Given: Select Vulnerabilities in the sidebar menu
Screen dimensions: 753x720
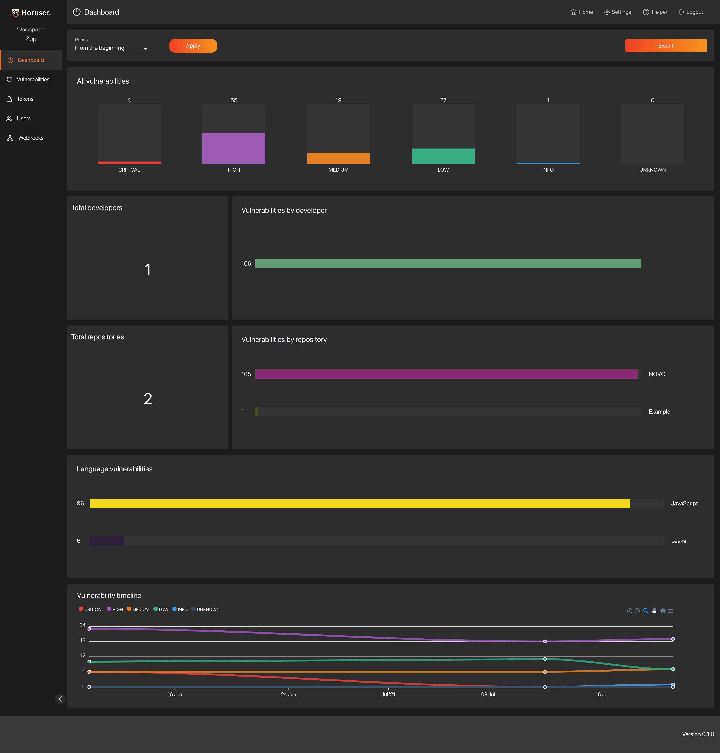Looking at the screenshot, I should (33, 79).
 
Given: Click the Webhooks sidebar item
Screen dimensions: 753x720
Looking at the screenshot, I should (31, 138).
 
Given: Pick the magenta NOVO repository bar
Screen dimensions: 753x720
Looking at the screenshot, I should (446, 374).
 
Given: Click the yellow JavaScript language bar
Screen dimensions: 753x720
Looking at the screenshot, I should (360, 503).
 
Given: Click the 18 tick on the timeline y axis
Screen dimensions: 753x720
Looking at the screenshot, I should (82, 640).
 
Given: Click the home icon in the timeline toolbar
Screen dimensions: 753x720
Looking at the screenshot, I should (662, 611).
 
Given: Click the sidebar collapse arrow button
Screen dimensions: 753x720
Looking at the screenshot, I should (60, 698).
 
